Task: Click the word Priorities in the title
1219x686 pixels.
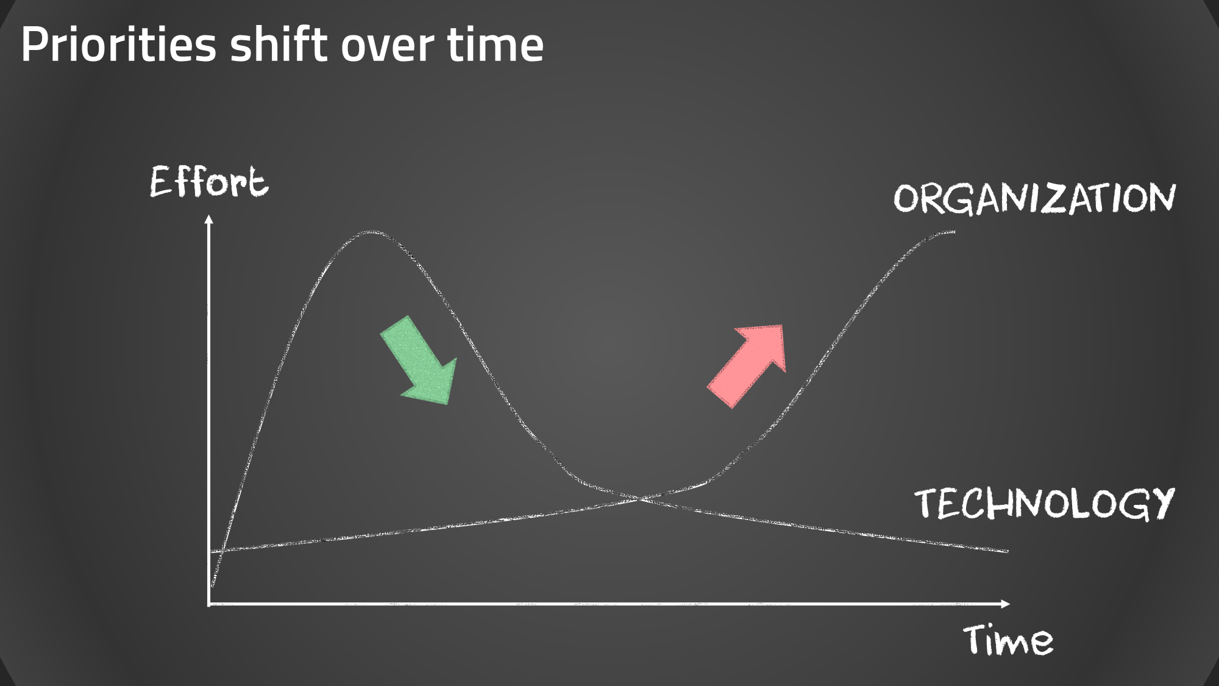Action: click(119, 45)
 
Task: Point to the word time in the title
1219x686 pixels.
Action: click(495, 45)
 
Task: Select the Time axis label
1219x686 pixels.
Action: click(1008, 640)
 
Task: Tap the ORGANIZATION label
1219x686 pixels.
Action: click(1034, 198)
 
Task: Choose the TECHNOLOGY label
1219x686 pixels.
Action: click(1044, 504)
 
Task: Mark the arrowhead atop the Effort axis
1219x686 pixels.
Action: click(209, 220)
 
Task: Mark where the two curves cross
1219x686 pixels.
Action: click(639, 499)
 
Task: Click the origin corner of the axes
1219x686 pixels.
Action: click(209, 604)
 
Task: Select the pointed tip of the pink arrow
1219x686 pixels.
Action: click(782, 326)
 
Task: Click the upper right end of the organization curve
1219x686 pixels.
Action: click(954, 232)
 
